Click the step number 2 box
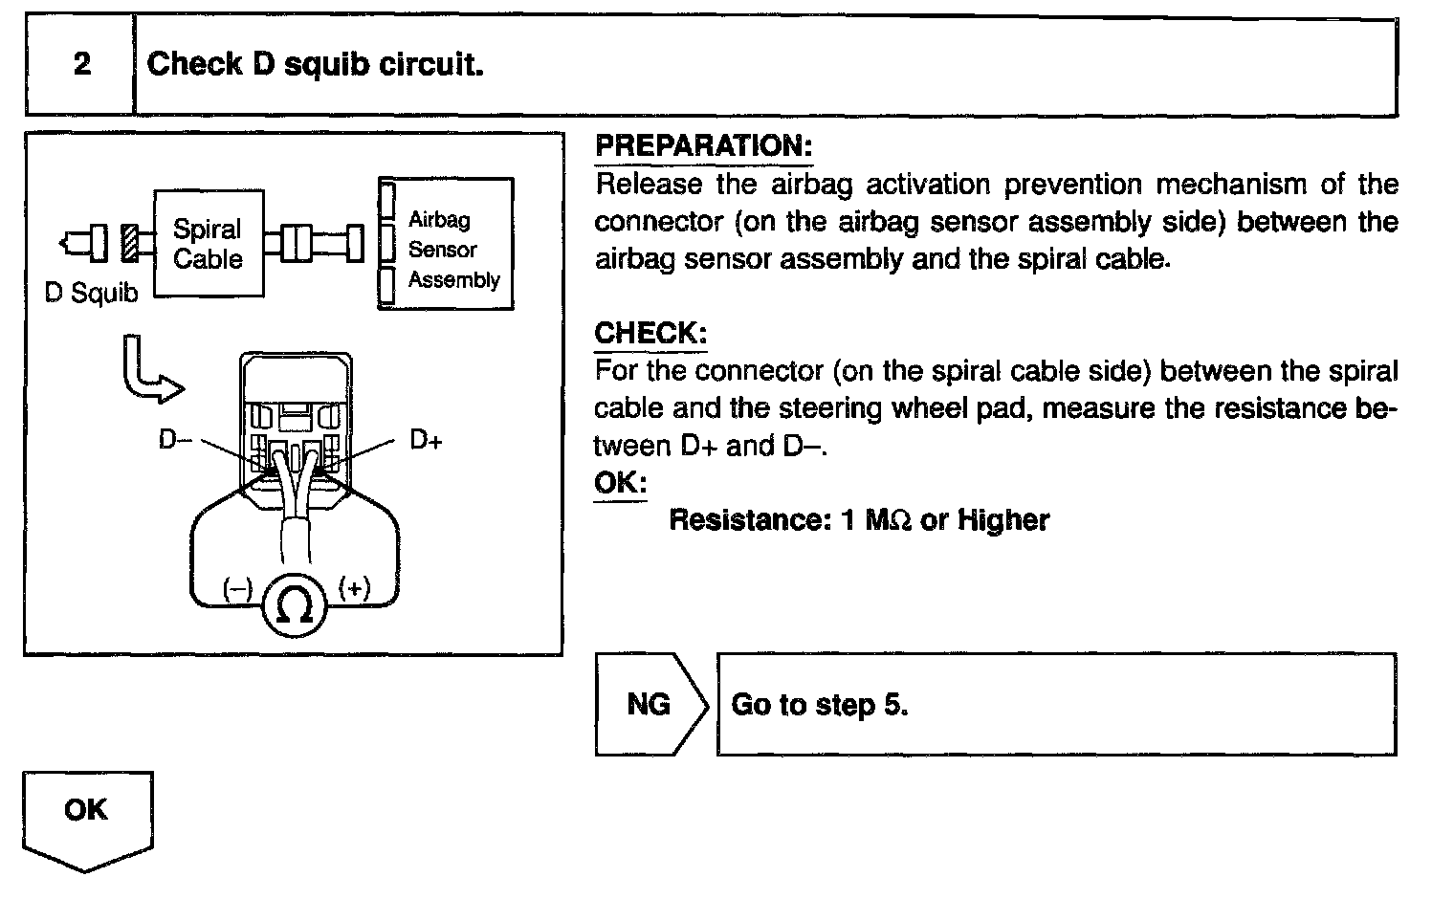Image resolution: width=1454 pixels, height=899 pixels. (x=81, y=65)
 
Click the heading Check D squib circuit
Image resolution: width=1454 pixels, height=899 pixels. (x=315, y=65)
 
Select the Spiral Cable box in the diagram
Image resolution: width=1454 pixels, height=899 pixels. (x=208, y=244)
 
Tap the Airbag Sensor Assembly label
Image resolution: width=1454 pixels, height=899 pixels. (x=452, y=250)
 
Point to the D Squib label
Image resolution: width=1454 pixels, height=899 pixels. (x=91, y=294)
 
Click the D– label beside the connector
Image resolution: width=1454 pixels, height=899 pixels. (x=175, y=441)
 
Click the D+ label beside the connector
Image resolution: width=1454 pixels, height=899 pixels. (x=426, y=441)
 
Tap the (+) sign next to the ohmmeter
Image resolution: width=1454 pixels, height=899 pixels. (x=353, y=588)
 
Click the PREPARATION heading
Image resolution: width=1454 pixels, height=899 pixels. (x=703, y=146)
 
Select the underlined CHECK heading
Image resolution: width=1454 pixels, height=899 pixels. (x=650, y=334)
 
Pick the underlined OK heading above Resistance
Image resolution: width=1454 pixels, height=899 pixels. (x=620, y=482)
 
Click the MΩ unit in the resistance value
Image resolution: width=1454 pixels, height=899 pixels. (x=888, y=520)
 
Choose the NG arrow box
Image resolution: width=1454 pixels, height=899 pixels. (x=650, y=705)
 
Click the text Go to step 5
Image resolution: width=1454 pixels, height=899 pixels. (x=819, y=705)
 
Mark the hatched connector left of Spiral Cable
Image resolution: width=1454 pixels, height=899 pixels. (x=131, y=243)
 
